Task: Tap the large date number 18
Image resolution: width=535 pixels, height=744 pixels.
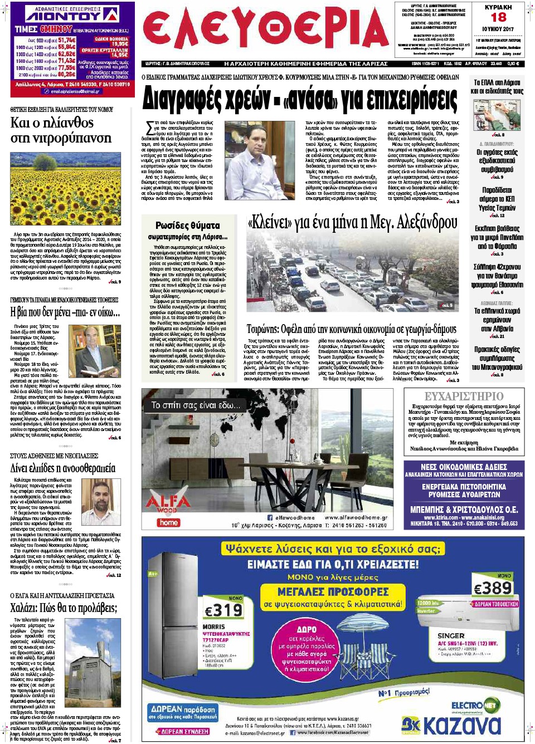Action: pyautogui.click(x=498, y=17)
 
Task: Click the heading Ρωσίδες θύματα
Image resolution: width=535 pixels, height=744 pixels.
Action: pyautogui.click(x=187, y=225)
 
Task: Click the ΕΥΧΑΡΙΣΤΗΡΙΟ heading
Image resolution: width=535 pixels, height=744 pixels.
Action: pyautogui.click(x=464, y=396)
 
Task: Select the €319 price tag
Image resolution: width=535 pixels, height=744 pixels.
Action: pyautogui.click(x=223, y=610)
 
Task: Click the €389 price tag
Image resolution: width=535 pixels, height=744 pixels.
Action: pyautogui.click(x=493, y=588)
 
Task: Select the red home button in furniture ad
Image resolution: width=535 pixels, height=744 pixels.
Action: pyautogui.click(x=168, y=522)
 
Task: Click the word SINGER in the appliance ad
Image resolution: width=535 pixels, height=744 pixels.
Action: pyautogui.click(x=451, y=635)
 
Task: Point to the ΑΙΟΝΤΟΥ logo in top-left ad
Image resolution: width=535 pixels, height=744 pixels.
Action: pyautogui.click(x=71, y=15)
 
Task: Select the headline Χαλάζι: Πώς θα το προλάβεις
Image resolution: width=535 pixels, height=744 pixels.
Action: pyautogui.click(x=64, y=608)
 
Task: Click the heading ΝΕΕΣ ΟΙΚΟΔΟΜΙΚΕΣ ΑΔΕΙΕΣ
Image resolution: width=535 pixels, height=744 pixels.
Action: pyautogui.click(x=464, y=467)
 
